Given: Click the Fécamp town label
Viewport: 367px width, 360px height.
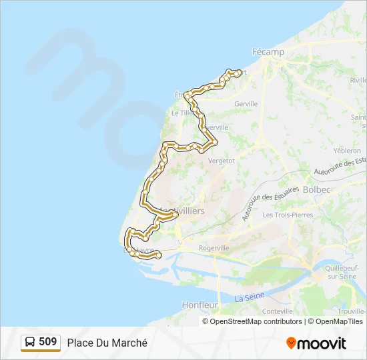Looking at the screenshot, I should click(x=268, y=52).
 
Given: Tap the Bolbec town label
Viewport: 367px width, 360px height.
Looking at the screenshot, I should click(x=316, y=190).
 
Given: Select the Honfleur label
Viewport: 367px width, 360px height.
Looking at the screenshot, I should click(x=200, y=305).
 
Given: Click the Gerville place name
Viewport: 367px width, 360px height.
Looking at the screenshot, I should click(x=246, y=104).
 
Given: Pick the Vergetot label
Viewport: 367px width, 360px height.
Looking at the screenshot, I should click(x=222, y=161).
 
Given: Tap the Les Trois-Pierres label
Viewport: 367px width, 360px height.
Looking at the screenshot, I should click(x=288, y=215).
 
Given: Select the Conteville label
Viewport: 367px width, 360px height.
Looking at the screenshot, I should click(x=278, y=311).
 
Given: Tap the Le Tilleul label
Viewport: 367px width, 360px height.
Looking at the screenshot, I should click(x=182, y=113).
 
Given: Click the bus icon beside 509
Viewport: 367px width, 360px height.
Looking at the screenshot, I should click(x=29, y=343).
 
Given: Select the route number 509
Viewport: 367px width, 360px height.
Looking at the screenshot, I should click(x=47, y=342).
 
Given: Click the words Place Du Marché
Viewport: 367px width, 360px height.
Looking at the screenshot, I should click(x=107, y=343).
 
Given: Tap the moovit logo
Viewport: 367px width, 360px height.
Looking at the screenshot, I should click(x=316, y=343).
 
